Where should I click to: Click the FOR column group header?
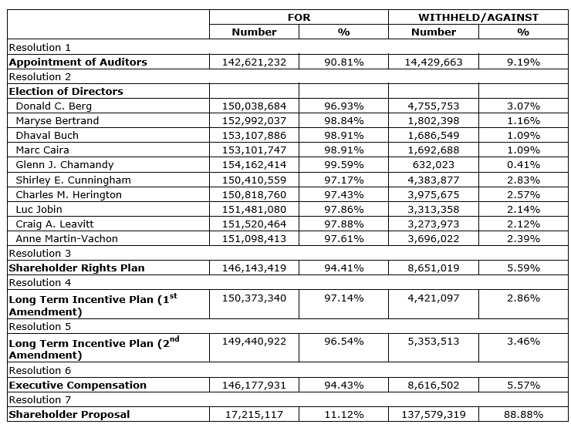pyautogui.click(x=299, y=17)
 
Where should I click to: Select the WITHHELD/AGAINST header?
pyautogui.click(x=478, y=17)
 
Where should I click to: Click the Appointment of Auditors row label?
pyautogui.click(x=78, y=62)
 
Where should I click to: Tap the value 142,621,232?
pyautogui.click(x=254, y=62)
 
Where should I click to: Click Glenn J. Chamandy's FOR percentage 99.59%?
pyautogui.click(x=343, y=164)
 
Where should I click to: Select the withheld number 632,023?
pyautogui.click(x=433, y=164)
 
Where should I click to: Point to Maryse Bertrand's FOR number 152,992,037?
pyautogui.click(x=254, y=120)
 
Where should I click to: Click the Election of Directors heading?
pyautogui.click(x=66, y=91)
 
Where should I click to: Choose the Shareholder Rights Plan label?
pyautogui.click(x=76, y=268)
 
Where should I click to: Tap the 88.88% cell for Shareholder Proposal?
pyautogui.click(x=523, y=415)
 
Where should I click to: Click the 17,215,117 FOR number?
pyautogui.click(x=254, y=415)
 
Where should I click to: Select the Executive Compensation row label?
pyautogui.click(x=77, y=385)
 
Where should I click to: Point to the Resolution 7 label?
pyautogui.click(x=39, y=399)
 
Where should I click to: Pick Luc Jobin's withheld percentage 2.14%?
pyautogui.click(x=523, y=209)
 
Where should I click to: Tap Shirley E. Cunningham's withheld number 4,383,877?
pyautogui.click(x=433, y=180)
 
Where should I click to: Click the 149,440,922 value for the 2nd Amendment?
pyautogui.click(x=254, y=342)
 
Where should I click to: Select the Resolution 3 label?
pyautogui.click(x=39, y=253)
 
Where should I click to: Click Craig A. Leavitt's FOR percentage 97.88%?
pyautogui.click(x=343, y=224)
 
